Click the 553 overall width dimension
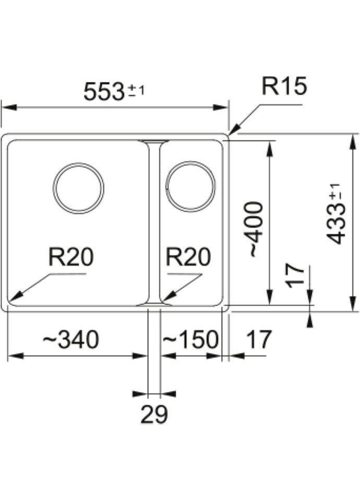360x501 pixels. click(x=104, y=92)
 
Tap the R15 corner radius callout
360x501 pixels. click(x=284, y=87)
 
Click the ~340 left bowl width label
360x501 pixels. click(x=70, y=340)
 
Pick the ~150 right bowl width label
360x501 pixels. click(x=190, y=340)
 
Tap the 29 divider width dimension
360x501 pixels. click(x=154, y=414)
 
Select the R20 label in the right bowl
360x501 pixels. click(x=188, y=257)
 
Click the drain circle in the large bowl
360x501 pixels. click(x=79, y=188)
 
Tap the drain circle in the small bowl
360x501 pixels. click(x=190, y=186)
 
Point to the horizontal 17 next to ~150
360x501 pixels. click(x=258, y=340)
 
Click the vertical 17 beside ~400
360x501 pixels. click(x=295, y=276)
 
